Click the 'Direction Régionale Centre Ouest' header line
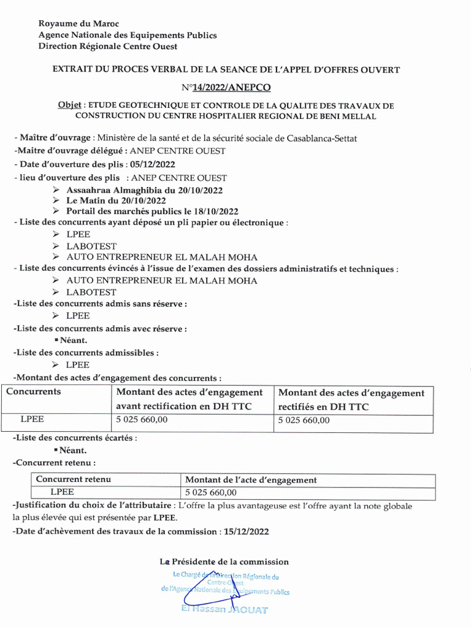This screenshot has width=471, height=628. pos(108,46)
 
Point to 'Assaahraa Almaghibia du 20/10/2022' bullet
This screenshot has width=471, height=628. pos(144,190)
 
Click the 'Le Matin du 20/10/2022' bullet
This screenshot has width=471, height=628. pos(117,201)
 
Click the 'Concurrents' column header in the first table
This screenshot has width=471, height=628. pos(34,391)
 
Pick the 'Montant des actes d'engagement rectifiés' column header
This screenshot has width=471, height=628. pos(351,399)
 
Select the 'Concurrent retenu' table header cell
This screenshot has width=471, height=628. pos(74,480)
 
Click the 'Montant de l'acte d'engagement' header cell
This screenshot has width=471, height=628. pos(251,480)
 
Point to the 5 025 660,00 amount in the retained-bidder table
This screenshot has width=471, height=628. pos(210,492)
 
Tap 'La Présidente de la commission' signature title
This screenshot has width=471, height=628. pos(224,561)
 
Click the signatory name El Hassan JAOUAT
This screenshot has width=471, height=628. pos(224,610)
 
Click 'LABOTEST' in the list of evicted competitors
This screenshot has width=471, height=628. pos(91,292)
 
